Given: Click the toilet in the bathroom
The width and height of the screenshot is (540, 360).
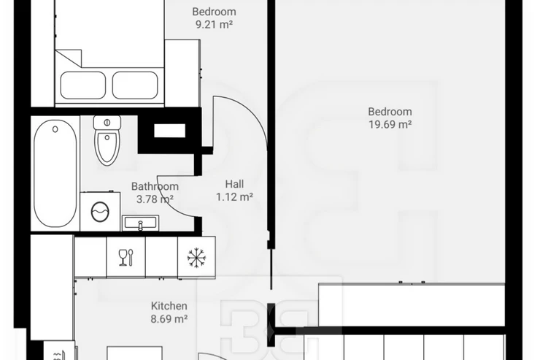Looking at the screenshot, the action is pos(107,140).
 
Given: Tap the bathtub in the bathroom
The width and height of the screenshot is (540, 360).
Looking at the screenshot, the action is pos(55,173).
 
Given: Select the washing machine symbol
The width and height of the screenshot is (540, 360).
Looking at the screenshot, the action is pos(100,212).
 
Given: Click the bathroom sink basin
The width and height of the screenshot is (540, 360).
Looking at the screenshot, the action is pos(141,223).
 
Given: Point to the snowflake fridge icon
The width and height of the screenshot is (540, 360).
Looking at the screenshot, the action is pos(196,257).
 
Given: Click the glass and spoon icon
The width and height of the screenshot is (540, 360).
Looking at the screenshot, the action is pos(126,257).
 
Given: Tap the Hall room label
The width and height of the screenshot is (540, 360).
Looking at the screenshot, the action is pos(234,184).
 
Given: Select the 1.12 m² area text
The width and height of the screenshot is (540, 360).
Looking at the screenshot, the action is pos(234,197).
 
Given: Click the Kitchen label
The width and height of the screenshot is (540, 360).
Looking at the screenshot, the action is pos(169,306).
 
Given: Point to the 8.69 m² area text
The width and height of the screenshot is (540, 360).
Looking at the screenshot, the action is pos(169,318).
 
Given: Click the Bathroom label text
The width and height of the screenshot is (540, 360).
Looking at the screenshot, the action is pos(155,186).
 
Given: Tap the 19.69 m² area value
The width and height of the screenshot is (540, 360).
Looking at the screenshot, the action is pos(390,124).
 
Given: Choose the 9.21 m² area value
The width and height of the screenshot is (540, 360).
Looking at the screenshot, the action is pos(215,24).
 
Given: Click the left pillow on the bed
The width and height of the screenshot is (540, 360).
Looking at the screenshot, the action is pos(83,85).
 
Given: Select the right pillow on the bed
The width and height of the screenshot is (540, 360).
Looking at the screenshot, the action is pos(135,85).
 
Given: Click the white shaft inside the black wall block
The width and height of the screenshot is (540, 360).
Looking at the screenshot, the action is pos(169,131).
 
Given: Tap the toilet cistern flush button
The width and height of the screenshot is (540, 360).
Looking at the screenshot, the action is pos(107,122).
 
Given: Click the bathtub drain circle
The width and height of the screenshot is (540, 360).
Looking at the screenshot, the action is pos(55,129).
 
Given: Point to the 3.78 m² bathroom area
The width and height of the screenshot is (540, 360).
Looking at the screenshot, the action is pos(155,199).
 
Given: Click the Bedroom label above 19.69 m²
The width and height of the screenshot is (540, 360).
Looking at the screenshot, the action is pos(390,112).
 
